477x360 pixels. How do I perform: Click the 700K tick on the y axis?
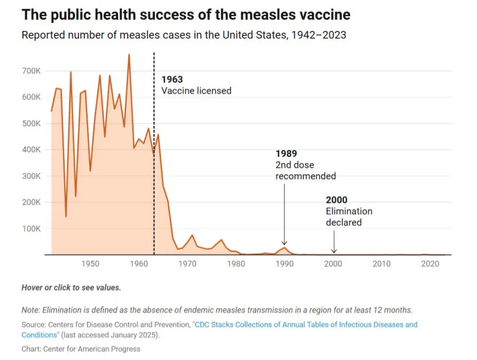(x=31, y=71)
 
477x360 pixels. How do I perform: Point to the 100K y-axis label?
(x=31, y=228)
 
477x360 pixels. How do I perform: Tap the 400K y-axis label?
(x=31, y=149)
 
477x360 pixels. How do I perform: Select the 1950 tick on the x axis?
(x=89, y=264)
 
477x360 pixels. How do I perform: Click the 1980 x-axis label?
(x=235, y=264)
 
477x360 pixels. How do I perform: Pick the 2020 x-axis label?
(x=431, y=264)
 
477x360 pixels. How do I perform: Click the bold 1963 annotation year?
(x=172, y=80)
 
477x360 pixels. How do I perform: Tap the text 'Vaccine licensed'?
(x=196, y=90)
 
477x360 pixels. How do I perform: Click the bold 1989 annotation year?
(x=286, y=154)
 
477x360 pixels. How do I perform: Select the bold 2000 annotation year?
(x=337, y=200)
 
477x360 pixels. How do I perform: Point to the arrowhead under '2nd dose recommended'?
(x=285, y=243)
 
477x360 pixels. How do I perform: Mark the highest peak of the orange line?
(x=129, y=54)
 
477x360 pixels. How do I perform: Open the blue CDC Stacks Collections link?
(x=305, y=325)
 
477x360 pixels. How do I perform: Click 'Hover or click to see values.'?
(x=71, y=287)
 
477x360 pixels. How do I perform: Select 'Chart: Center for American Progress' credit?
(x=81, y=349)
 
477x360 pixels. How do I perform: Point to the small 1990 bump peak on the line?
(x=285, y=247)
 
